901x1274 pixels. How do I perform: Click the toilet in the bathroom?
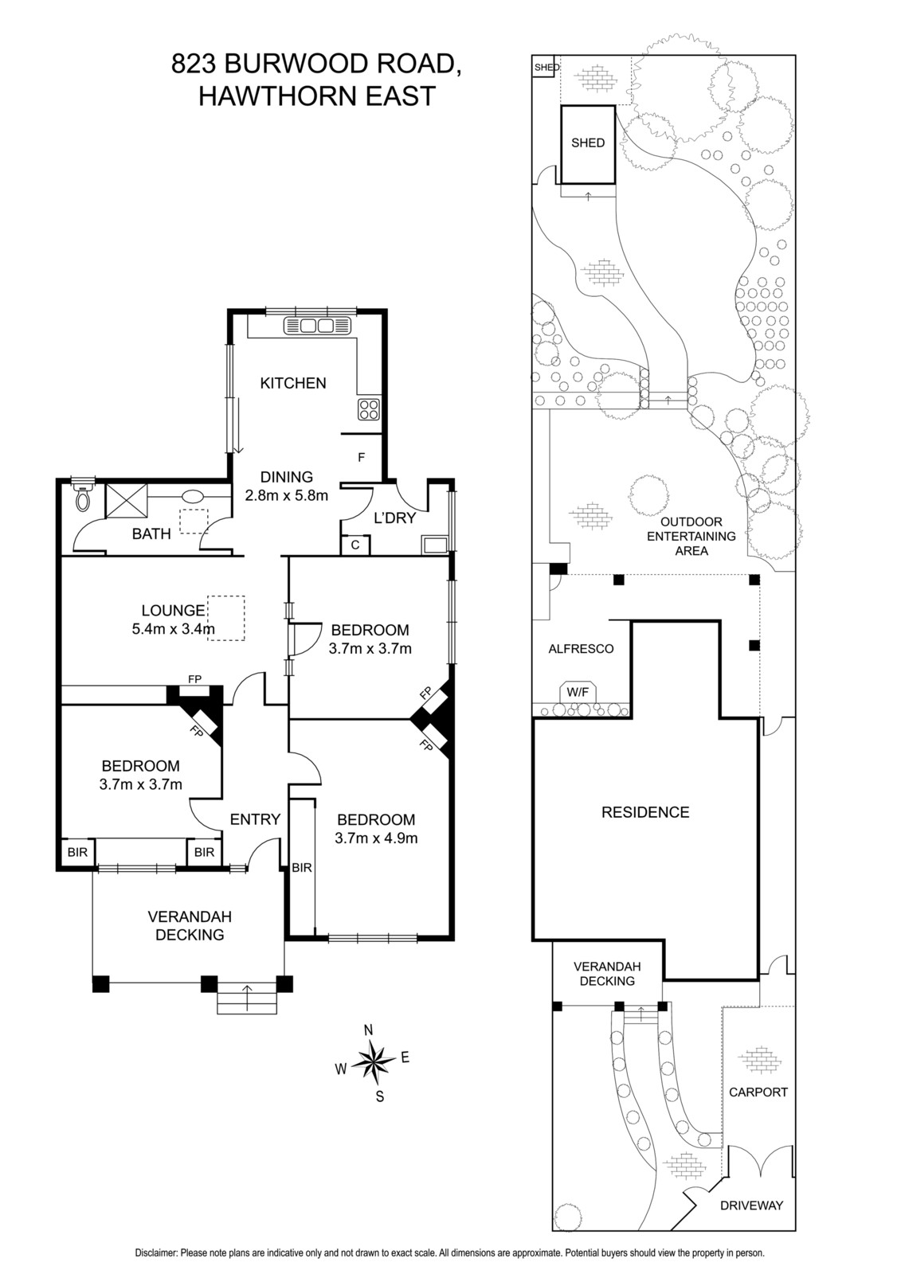[83, 495]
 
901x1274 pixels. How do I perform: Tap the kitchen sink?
[318, 326]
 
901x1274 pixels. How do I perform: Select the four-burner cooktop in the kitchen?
[369, 409]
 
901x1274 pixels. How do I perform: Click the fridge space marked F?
[361, 457]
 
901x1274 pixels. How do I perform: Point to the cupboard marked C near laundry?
[355, 545]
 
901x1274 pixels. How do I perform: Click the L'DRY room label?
[394, 518]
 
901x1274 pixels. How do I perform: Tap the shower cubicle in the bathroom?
[127, 501]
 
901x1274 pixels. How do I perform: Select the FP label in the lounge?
[194, 679]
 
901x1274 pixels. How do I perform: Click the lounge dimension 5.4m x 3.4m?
[173, 628]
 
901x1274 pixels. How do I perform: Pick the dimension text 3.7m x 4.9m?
[376, 838]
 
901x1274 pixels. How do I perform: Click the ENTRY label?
[255, 819]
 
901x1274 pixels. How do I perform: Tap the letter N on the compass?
[368, 1030]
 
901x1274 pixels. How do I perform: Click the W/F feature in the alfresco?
[578, 693]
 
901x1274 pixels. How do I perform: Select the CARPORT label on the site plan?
[758, 1092]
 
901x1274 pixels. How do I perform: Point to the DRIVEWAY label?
[751, 1206]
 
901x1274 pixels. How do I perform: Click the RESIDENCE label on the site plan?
[645, 811]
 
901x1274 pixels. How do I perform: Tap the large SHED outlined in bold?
[588, 144]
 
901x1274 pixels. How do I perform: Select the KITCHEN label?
[293, 383]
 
